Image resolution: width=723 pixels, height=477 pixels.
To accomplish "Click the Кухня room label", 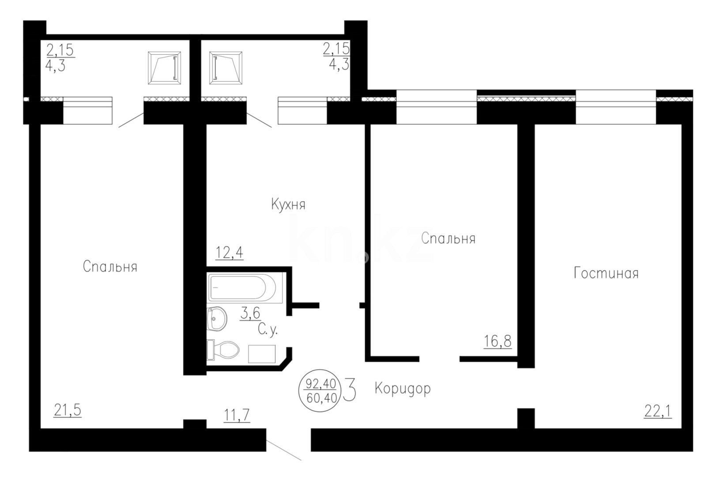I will click(x=288, y=205).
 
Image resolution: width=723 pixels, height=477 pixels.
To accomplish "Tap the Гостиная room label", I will click(x=606, y=273).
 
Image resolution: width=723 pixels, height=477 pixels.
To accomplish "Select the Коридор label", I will click(x=402, y=389).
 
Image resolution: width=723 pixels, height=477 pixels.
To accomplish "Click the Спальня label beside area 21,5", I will click(x=110, y=267).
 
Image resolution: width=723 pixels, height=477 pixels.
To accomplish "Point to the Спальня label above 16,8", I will click(x=448, y=238).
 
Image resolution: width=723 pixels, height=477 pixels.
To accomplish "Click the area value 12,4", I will click(x=229, y=253).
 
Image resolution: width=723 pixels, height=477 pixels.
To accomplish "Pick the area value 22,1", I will click(x=657, y=412).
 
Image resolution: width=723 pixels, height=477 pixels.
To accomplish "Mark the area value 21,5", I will click(x=68, y=410).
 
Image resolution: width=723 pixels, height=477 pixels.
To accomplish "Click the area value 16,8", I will click(x=497, y=341).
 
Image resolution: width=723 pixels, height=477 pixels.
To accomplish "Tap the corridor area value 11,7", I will click(x=236, y=415).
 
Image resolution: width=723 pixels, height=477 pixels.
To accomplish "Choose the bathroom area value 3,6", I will click(x=250, y=313).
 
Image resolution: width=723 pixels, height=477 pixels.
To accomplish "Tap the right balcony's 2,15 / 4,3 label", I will click(x=336, y=56).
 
